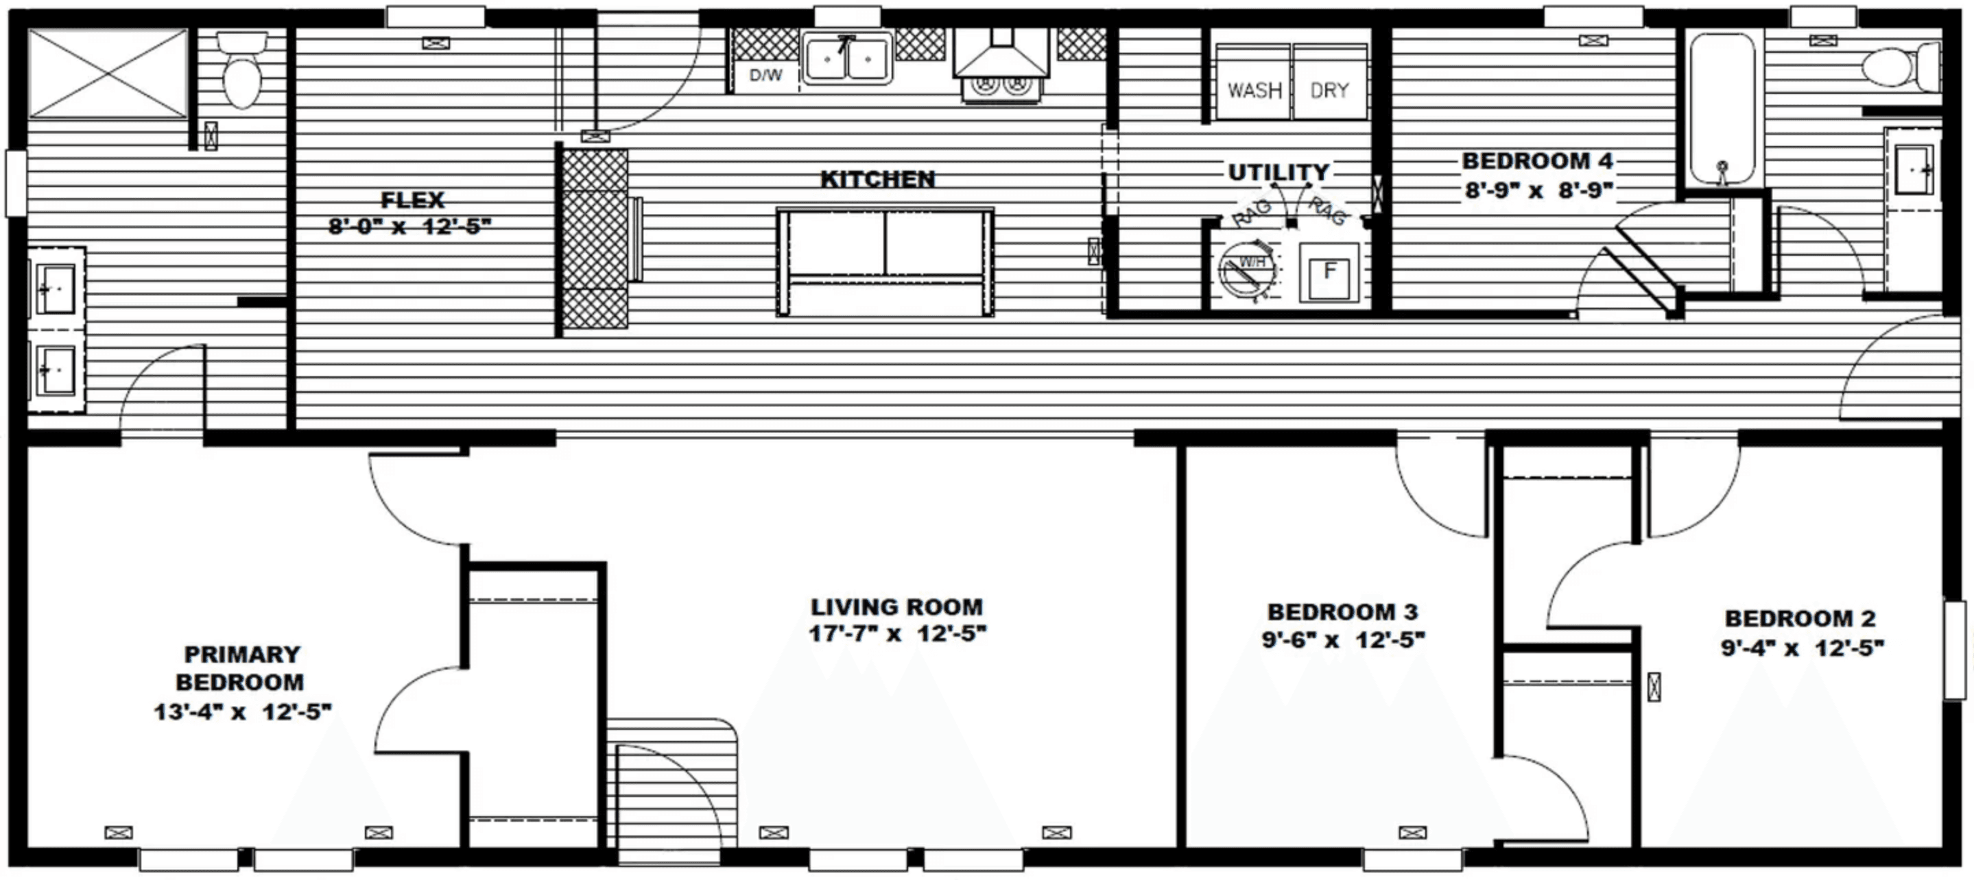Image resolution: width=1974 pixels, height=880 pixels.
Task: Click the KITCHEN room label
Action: tap(877, 179)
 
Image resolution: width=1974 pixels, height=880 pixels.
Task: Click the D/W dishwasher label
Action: tap(765, 75)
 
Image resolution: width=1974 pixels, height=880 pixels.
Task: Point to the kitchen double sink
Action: tap(847, 58)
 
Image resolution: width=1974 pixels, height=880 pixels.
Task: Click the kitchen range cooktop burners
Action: tap(1000, 85)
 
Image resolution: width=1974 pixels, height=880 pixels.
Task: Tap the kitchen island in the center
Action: tap(885, 262)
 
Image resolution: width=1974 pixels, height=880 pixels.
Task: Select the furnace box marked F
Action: tap(1329, 271)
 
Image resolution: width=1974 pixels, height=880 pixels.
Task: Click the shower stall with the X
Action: tap(107, 73)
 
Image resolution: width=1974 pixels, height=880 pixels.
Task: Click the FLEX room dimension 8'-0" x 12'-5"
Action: tap(410, 227)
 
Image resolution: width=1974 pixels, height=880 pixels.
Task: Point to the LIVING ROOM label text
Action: tap(896, 607)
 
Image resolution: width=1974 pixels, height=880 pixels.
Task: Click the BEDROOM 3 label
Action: tap(1342, 612)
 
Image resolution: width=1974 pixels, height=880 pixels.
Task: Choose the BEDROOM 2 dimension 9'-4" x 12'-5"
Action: tap(1802, 648)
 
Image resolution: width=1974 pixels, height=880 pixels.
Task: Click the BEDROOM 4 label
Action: tap(1537, 161)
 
